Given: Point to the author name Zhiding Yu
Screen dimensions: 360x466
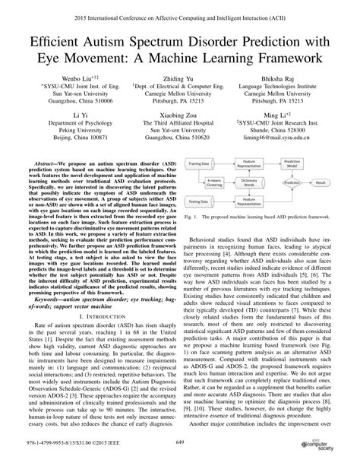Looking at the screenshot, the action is (180, 80).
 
